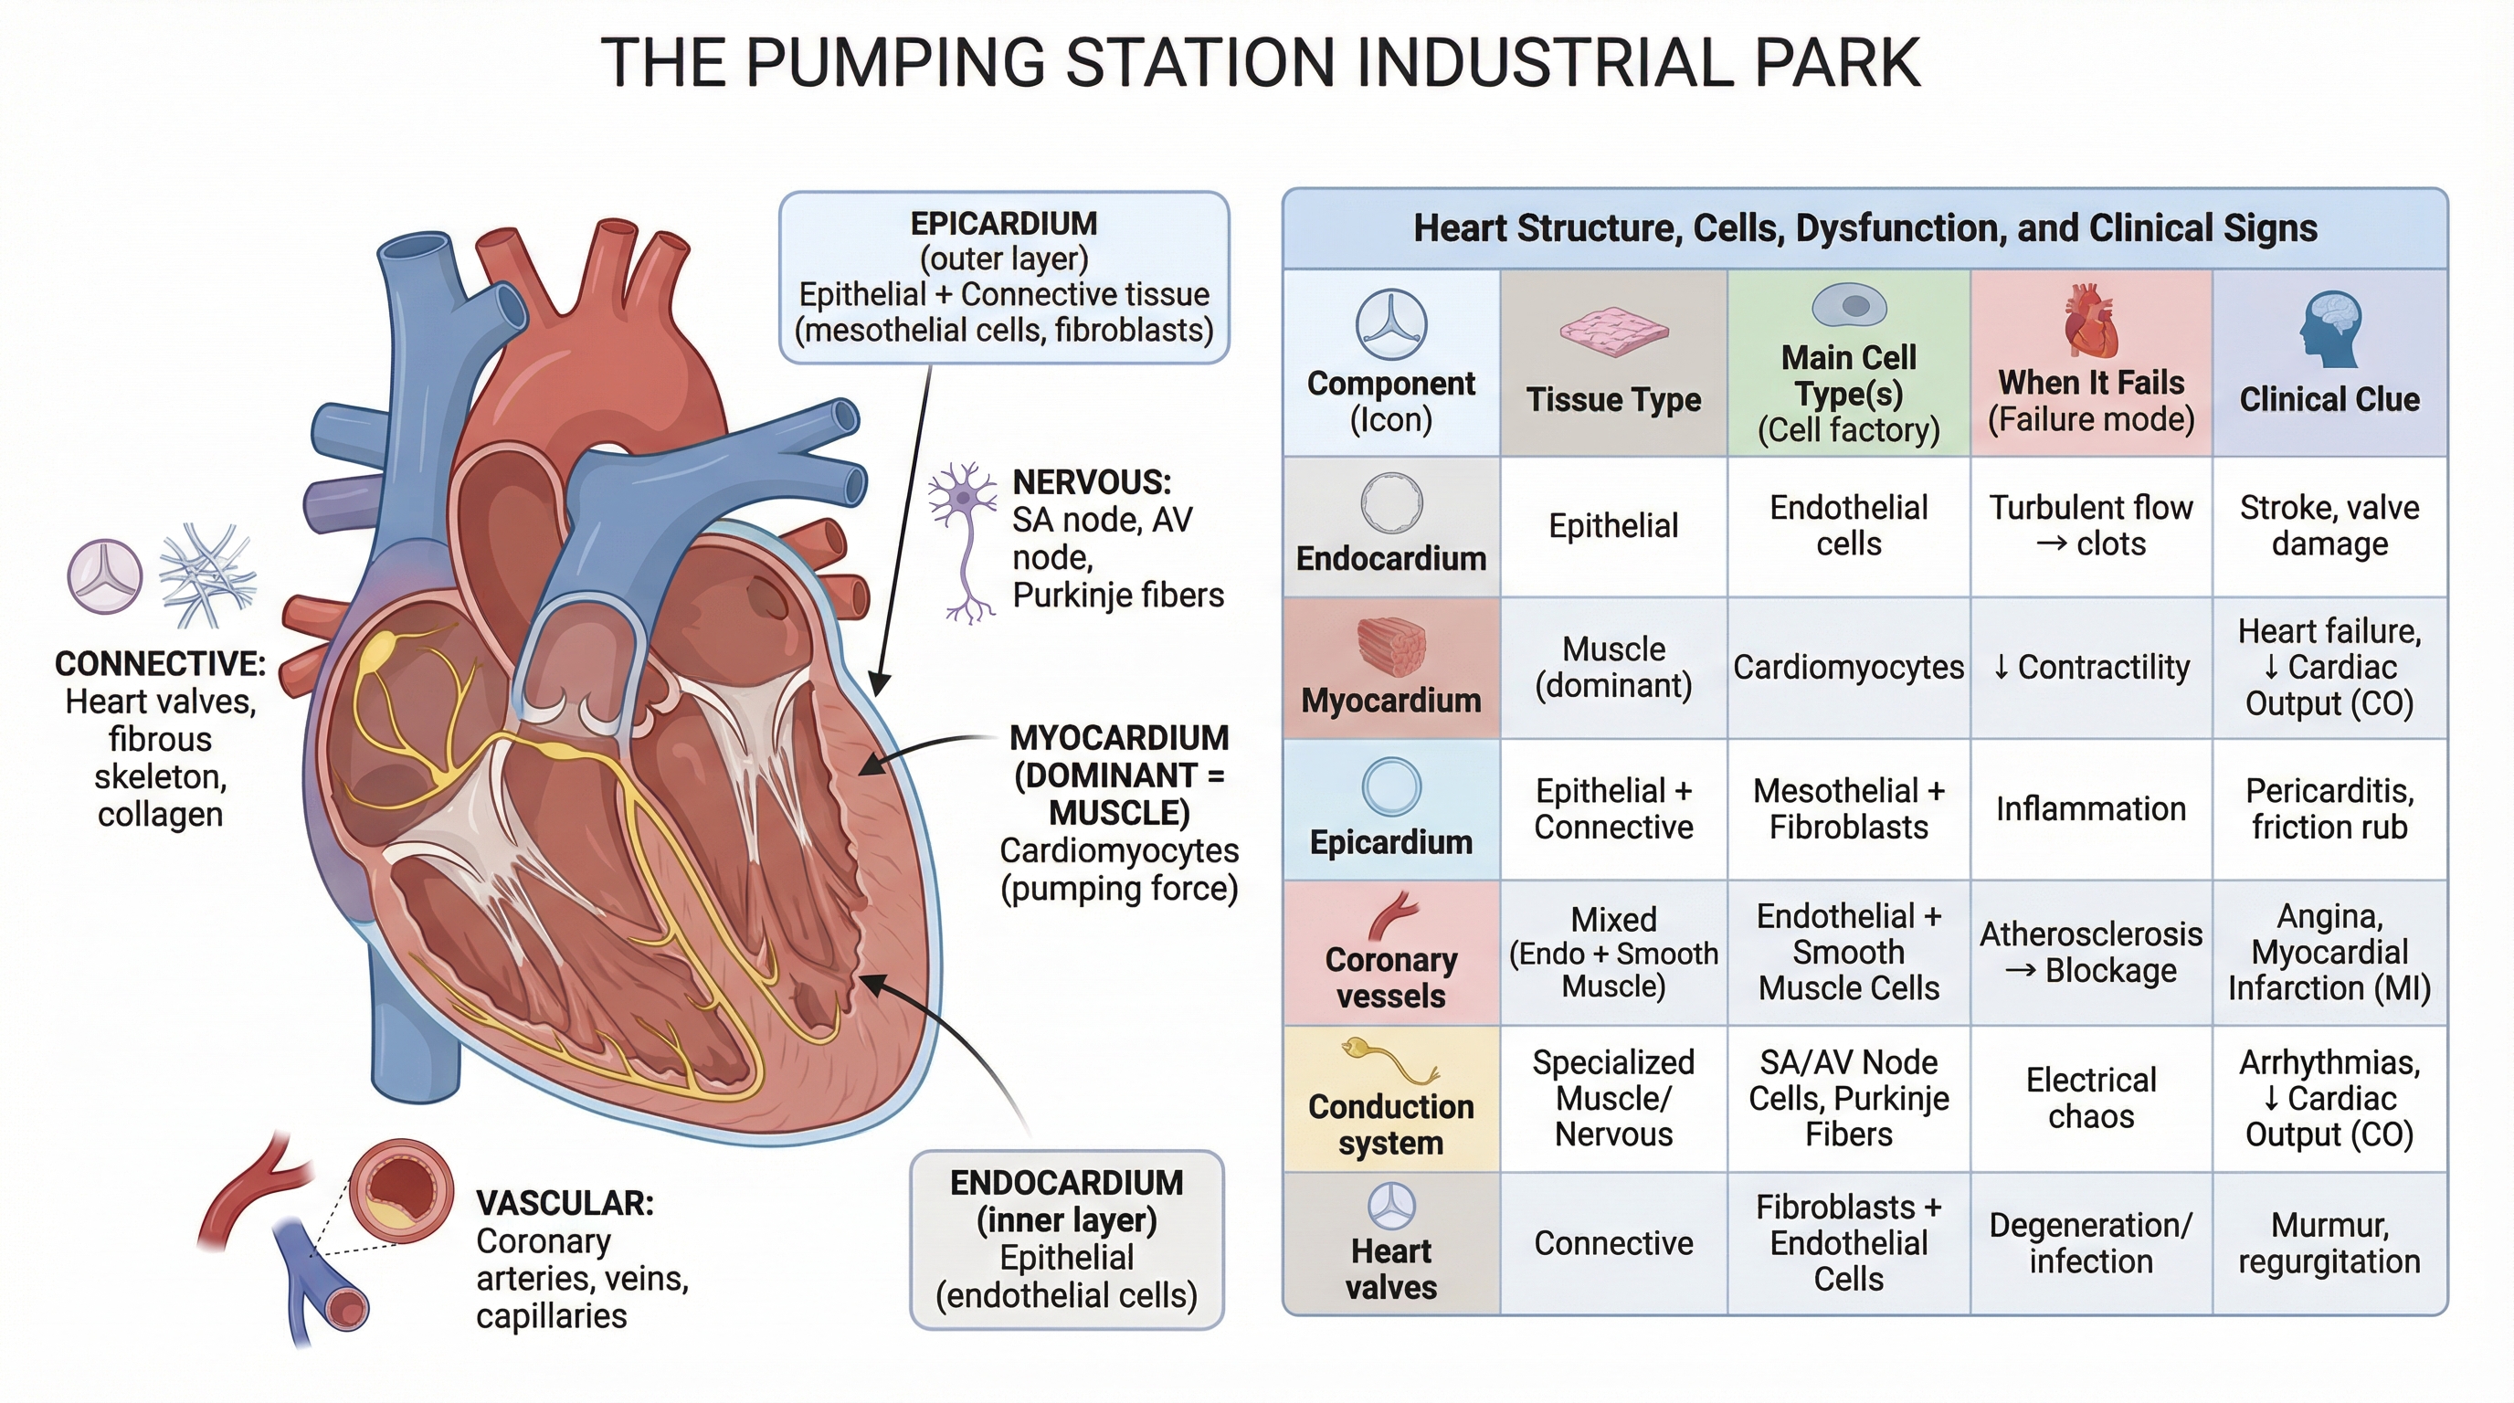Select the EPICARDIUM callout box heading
point(1003,224)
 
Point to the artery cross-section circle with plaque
point(401,1190)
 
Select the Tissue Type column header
point(1613,399)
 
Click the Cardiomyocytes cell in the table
point(1848,668)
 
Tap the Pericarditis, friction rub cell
point(2329,808)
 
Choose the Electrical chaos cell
point(2090,1098)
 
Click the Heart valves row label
point(1390,1269)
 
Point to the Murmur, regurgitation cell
point(2329,1243)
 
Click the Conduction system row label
point(1390,1124)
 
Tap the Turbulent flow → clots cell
point(2090,526)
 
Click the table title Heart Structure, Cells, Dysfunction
point(1864,228)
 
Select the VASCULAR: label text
point(564,1203)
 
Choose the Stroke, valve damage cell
point(2329,526)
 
